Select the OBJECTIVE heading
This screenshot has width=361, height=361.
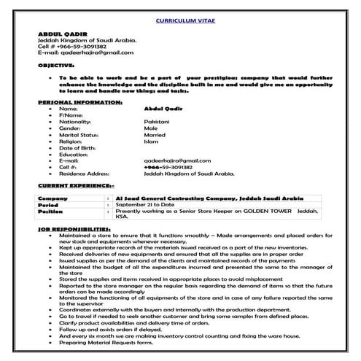[x=56, y=65]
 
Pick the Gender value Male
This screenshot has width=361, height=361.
[x=151, y=127]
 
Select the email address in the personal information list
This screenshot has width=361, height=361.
[x=177, y=160]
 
